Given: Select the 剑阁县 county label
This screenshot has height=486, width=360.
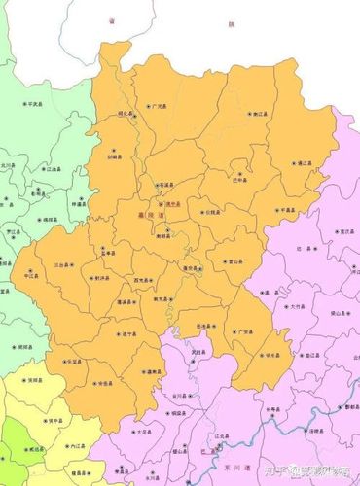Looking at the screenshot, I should click(x=115, y=156).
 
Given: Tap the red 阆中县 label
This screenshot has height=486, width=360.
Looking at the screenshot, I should click(x=176, y=204).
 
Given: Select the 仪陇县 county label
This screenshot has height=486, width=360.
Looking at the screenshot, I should click(x=213, y=211).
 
